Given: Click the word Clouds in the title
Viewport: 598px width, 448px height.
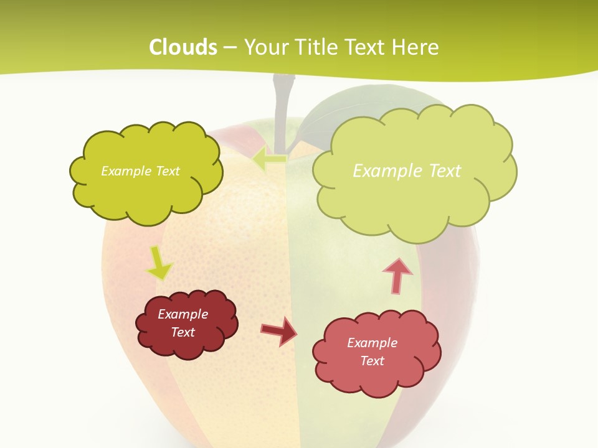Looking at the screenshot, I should point(183,47).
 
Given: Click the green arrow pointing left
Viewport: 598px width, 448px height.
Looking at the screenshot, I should point(269,159).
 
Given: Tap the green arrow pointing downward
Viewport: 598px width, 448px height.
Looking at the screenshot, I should point(159,264).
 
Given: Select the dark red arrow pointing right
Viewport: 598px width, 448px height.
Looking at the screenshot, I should point(279,331).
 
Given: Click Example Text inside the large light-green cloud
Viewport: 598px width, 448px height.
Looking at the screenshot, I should point(407,170).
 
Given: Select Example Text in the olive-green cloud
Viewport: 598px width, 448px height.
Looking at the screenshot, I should point(140,171).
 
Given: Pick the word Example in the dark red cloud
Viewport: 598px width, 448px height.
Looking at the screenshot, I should point(183,314).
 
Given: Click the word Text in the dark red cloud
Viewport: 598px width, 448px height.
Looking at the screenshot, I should point(183,332).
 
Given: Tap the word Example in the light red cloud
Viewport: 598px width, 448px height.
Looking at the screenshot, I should point(372,343).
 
